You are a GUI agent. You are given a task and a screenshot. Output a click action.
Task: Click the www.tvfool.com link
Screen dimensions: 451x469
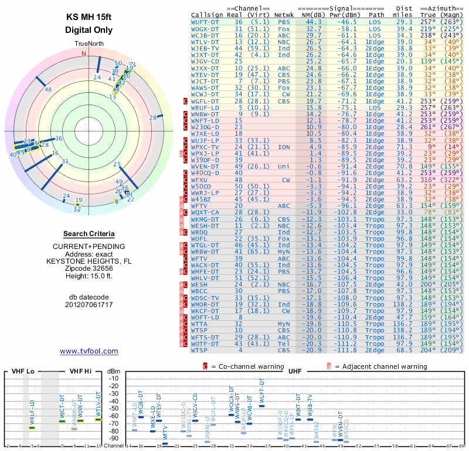point(89,351)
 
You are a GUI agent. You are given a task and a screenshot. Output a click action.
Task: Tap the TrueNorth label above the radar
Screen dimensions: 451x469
point(89,45)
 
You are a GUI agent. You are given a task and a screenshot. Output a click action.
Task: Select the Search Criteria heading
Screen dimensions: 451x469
point(89,234)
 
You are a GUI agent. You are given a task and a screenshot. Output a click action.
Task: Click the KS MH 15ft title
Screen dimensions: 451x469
point(89,17)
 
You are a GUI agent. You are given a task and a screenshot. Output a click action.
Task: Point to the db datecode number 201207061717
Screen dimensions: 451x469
point(89,305)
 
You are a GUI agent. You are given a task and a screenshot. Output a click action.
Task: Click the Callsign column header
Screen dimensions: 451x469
point(208,14)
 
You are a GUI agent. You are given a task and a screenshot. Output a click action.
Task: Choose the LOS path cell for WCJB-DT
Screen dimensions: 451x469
point(375,35)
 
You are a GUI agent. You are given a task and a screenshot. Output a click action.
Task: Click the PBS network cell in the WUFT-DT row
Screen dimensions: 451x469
point(284,21)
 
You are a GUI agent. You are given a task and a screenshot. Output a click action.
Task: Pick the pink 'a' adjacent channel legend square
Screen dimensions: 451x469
point(329,366)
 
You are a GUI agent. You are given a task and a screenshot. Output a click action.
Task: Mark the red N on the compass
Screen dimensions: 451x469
point(83,53)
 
